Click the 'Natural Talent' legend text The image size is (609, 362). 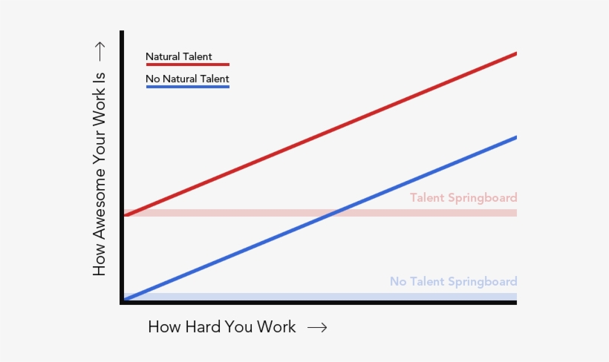coord(178,56)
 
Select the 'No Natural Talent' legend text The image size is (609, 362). coord(187,79)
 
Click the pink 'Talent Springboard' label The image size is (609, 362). coord(463,198)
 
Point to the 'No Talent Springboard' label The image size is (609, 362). coord(453,282)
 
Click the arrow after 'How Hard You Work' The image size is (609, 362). coord(317,327)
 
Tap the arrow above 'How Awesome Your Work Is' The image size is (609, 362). coord(100,50)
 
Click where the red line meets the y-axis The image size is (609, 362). coord(124,215)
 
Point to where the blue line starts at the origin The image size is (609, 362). coord(125,299)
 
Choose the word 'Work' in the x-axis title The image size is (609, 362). coord(275,327)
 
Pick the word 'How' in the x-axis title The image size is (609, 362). coord(163,327)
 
